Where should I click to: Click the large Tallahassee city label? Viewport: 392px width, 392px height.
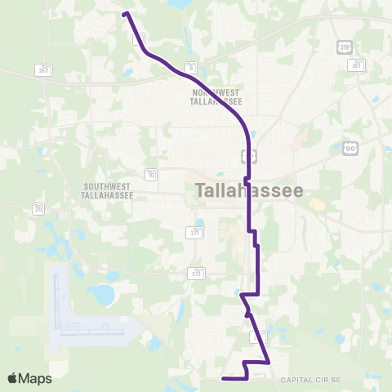[x=250, y=190]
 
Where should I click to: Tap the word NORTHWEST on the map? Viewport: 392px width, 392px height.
[x=216, y=92]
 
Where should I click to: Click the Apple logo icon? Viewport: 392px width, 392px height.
[x=13, y=378]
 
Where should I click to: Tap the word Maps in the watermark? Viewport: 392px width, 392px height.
[x=35, y=378]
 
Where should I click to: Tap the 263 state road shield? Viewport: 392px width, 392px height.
[x=43, y=70]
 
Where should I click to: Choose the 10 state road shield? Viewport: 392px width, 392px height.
[x=152, y=173]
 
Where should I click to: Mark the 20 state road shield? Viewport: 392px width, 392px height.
[x=40, y=209]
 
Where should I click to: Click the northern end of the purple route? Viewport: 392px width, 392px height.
[x=125, y=14]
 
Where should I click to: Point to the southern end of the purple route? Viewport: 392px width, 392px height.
[x=224, y=378]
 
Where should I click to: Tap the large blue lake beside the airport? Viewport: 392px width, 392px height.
[x=104, y=293]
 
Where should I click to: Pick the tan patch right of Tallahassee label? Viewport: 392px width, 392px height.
[x=317, y=204]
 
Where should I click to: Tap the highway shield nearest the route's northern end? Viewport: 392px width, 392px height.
[x=140, y=38]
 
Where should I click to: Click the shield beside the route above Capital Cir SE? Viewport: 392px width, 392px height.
[x=255, y=336]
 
